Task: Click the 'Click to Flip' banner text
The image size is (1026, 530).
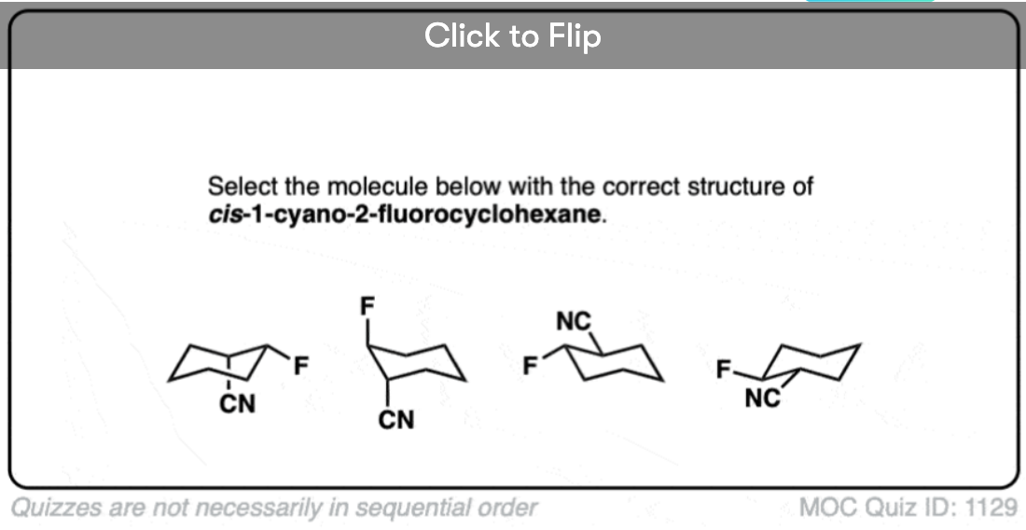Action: [x=512, y=35]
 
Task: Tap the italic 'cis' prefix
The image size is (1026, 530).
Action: [x=225, y=216]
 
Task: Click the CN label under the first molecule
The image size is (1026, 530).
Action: [x=238, y=404]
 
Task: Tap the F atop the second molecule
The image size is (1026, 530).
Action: [x=367, y=306]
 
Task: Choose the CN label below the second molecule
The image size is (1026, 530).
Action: [x=395, y=419]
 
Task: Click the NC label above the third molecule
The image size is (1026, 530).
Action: [x=574, y=321]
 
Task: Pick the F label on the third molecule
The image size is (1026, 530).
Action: [x=530, y=367]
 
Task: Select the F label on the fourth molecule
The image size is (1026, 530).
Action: [x=723, y=370]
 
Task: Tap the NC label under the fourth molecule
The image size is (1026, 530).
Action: [x=763, y=397]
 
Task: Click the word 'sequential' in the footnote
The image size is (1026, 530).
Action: [x=412, y=508]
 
